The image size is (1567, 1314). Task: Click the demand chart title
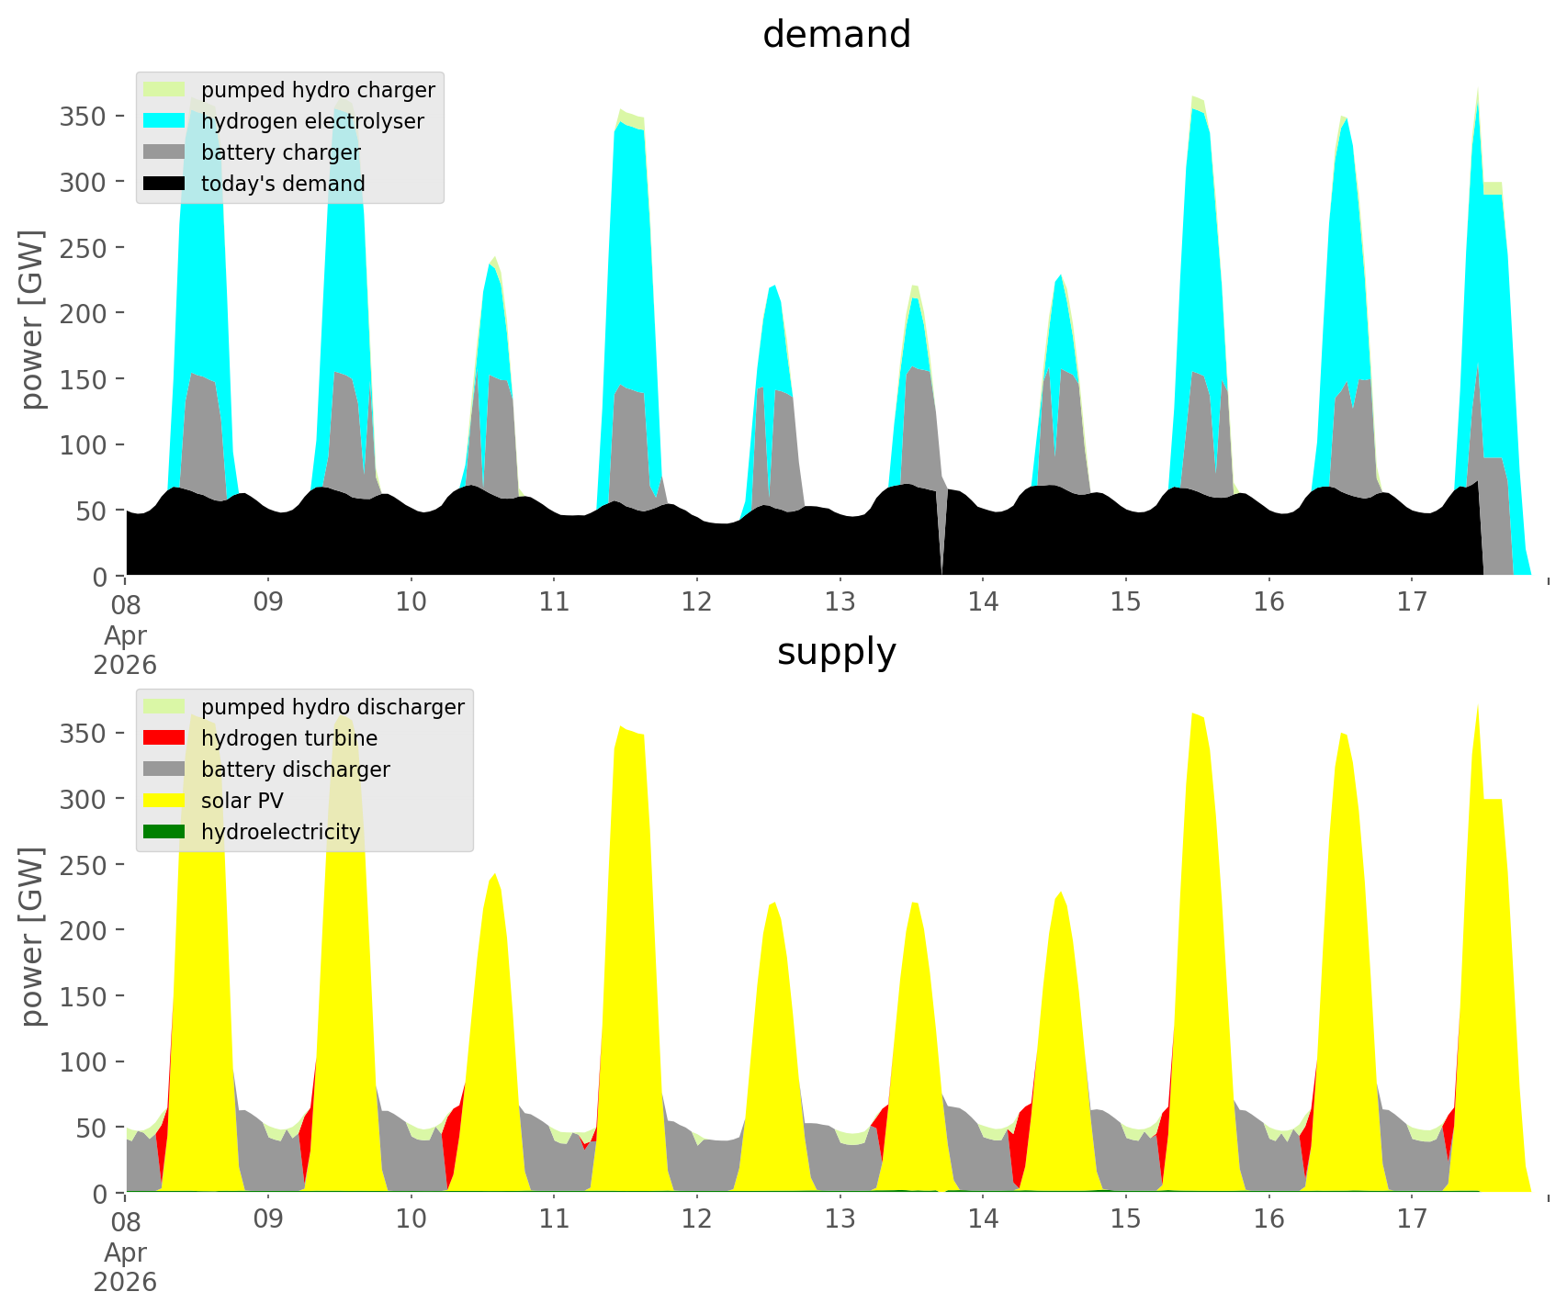tap(836, 35)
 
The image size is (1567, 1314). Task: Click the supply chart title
tap(836, 652)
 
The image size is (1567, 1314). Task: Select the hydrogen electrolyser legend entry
tap(285, 121)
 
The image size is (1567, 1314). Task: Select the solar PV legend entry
tap(214, 801)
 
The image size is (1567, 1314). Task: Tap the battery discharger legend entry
tap(267, 769)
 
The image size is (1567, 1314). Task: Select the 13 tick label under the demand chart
tap(840, 601)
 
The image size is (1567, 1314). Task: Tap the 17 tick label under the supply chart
tap(1411, 1219)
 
